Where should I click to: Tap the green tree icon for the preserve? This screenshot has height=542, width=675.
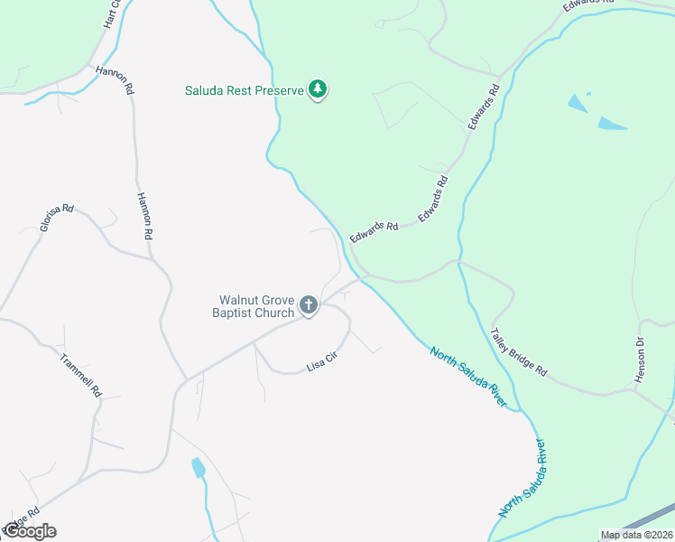pos(317,89)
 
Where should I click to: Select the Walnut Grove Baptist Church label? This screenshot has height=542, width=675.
pos(256,306)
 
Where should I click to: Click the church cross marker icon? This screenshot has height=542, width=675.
pos(308,306)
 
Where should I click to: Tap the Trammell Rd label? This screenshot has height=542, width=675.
pos(79,376)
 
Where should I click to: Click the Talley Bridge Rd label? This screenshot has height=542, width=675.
pos(519,351)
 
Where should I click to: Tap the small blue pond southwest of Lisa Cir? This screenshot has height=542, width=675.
pos(198,467)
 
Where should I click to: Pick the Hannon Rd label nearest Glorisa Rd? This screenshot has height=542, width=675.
pos(144,215)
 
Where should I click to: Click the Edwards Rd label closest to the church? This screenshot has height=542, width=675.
pos(374,231)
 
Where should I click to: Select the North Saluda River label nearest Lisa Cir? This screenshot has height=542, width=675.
pos(467,376)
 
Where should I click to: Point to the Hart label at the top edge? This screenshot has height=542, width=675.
pos(111,14)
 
